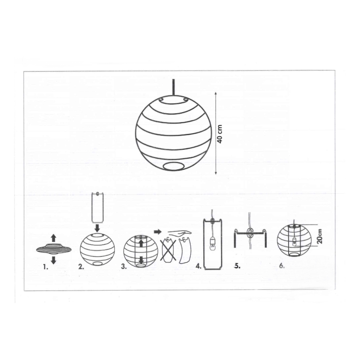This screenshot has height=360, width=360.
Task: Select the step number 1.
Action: point(45,267)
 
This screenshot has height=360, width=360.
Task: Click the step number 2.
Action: point(81,267)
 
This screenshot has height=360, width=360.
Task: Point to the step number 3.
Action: point(124,267)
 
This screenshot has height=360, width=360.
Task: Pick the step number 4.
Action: point(198,267)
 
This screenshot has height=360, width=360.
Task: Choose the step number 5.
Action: point(237,266)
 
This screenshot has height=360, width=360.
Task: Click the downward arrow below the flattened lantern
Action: point(53,260)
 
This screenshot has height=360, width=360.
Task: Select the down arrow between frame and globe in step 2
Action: point(97,228)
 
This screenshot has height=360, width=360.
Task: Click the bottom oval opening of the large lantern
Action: point(174,166)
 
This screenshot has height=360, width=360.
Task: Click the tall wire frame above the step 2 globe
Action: point(97,207)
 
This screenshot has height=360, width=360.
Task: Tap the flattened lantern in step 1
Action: point(54,249)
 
